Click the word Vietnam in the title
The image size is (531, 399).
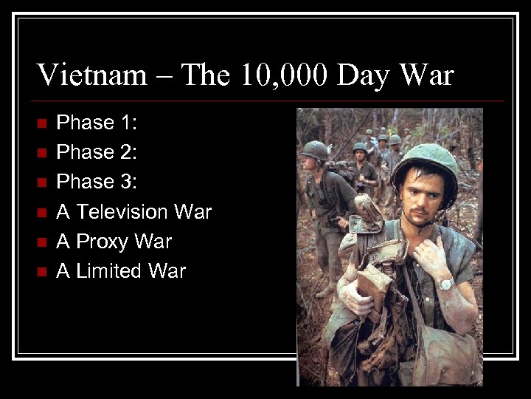(x=92, y=75)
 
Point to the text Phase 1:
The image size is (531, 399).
(x=96, y=123)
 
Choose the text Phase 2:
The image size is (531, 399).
(x=96, y=152)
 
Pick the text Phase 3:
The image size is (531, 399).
(x=96, y=182)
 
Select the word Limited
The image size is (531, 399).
(x=108, y=271)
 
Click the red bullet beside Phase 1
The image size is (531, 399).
(x=41, y=123)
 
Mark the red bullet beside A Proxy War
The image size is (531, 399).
(x=41, y=242)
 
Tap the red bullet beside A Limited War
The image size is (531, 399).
(x=41, y=271)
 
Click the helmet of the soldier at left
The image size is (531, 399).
(x=315, y=149)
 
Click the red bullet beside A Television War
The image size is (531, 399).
(x=41, y=212)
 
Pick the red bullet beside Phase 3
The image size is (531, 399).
(x=41, y=182)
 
